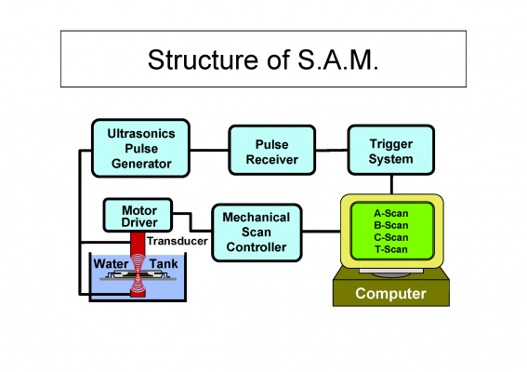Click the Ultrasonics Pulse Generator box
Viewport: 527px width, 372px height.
(141, 148)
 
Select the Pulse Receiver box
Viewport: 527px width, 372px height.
(272, 150)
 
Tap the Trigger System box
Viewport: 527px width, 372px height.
(391, 150)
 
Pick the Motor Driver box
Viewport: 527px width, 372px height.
(138, 215)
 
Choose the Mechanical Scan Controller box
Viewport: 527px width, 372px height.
(257, 232)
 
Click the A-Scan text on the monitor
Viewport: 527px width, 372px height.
(391, 213)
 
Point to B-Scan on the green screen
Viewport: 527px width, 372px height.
(391, 225)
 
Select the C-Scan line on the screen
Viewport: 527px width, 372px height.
(391, 237)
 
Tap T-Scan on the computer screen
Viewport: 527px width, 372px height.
(391, 249)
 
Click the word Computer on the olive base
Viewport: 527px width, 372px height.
(391, 294)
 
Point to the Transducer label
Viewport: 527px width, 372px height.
(178, 241)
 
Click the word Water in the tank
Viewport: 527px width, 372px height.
(111, 264)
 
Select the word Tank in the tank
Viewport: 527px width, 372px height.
(164, 264)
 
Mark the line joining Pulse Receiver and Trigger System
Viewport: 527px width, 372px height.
(332, 151)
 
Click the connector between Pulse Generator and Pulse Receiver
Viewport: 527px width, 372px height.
(209, 150)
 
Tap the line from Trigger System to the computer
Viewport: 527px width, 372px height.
(391, 184)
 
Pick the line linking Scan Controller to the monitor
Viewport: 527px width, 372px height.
(322, 232)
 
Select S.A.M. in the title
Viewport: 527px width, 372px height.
(338, 60)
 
